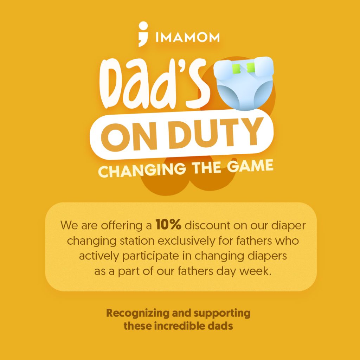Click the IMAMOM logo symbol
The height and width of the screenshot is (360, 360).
[143, 34]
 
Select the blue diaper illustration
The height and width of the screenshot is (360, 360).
[245, 83]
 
